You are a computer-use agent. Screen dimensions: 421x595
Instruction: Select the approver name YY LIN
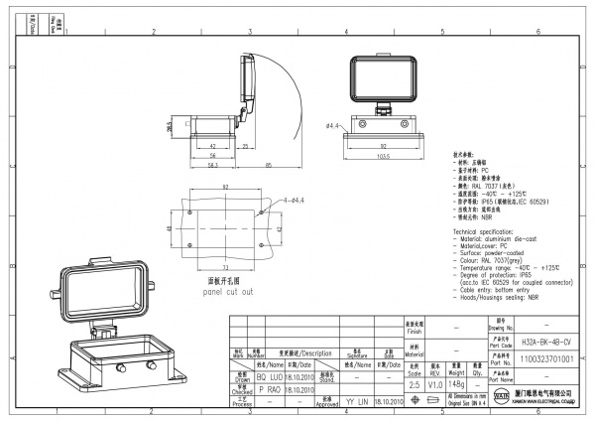point(358,404)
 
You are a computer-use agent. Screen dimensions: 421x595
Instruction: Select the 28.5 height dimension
point(170,127)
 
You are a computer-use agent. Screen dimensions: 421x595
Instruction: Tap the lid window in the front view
point(382,77)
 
